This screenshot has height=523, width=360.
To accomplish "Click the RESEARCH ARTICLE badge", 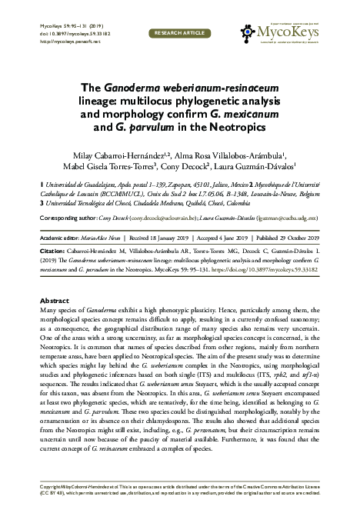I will click(x=179, y=34).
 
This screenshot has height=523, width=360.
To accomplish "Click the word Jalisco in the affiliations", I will click(x=218, y=187).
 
